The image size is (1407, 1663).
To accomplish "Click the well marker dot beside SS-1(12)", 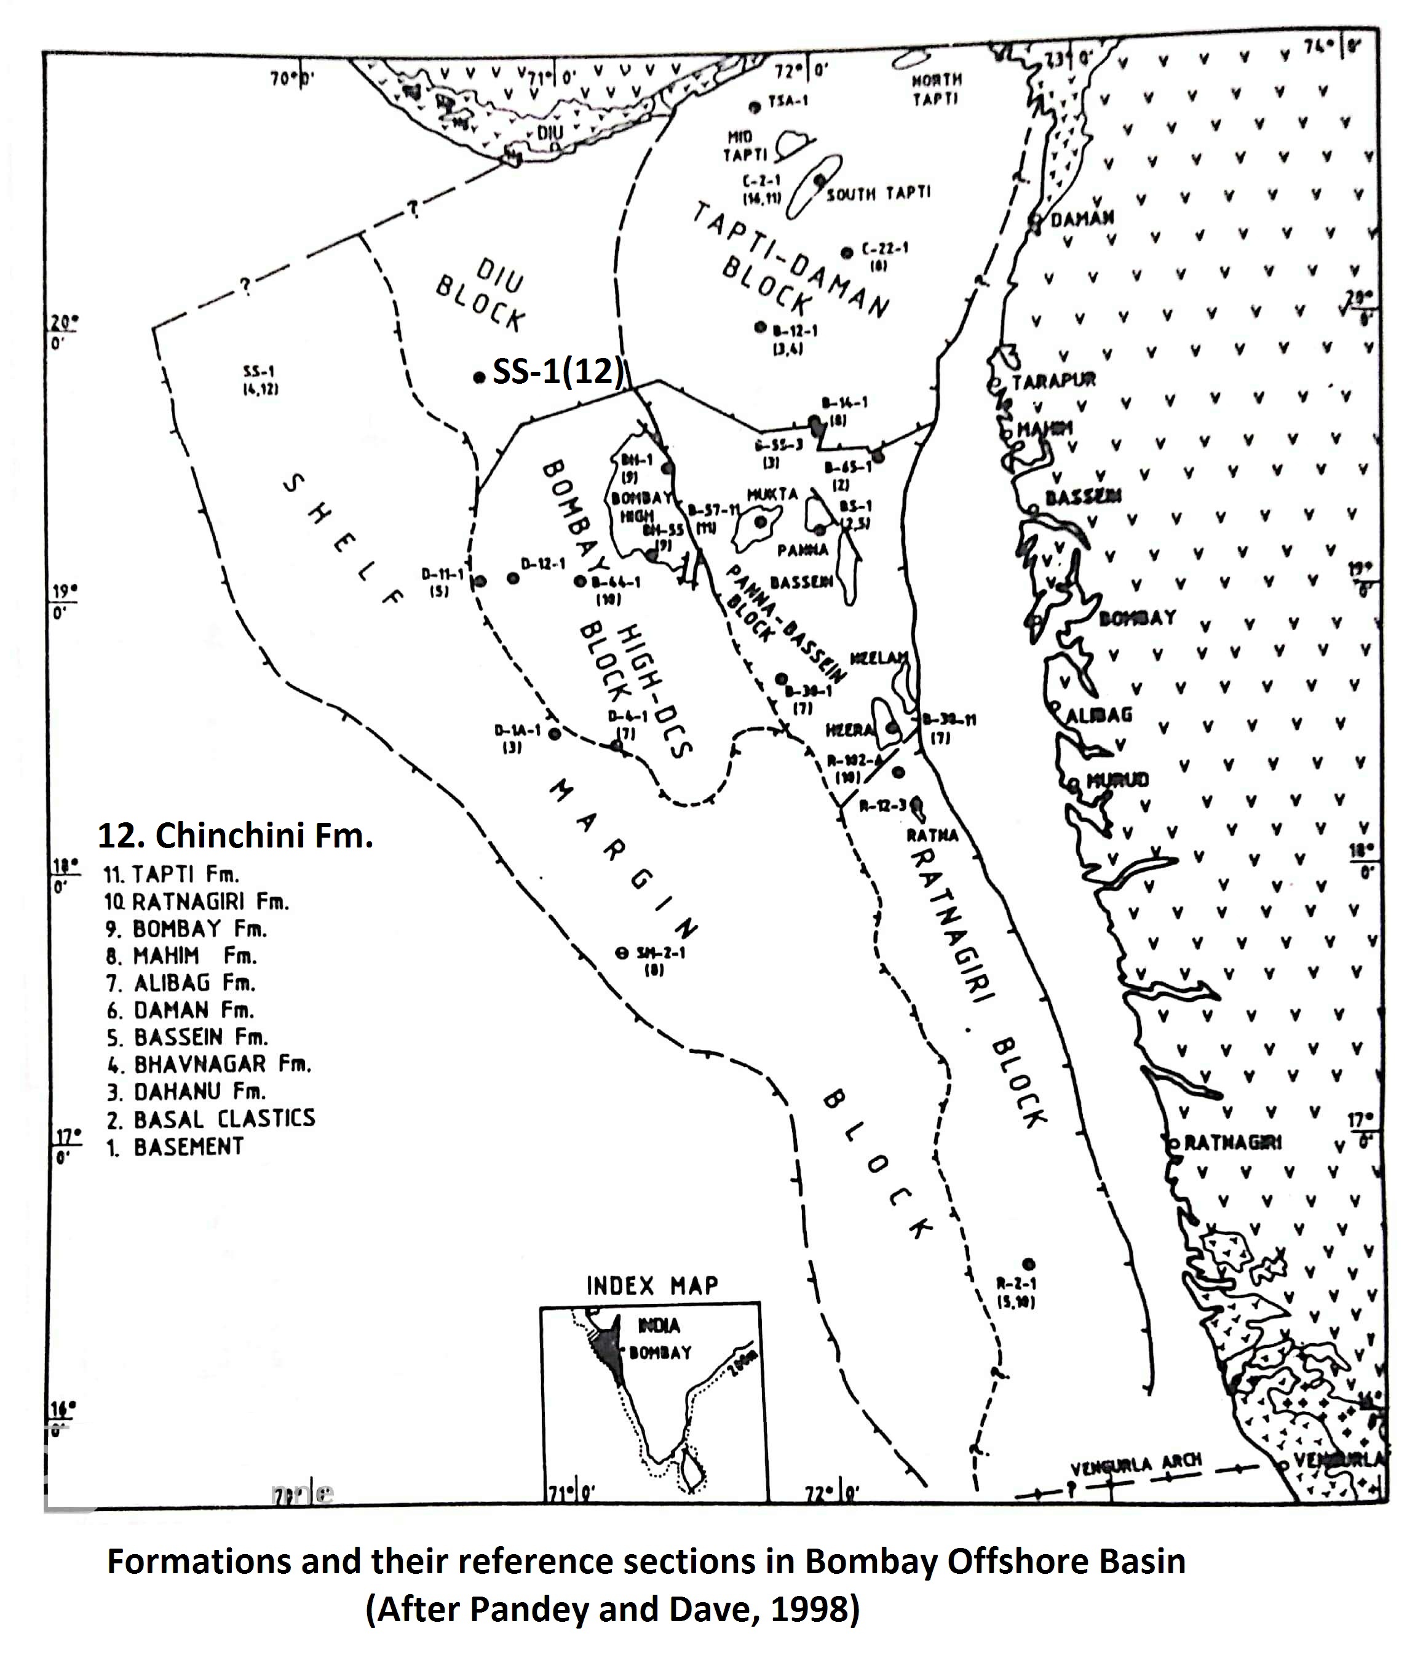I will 478,377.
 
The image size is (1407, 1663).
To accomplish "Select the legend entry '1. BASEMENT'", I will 175,1147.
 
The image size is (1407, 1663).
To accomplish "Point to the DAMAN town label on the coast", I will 1082,218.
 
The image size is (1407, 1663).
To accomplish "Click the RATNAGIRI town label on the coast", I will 1232,1143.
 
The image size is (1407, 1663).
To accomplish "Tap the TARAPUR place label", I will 1053,381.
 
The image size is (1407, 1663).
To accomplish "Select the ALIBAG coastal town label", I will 1098,715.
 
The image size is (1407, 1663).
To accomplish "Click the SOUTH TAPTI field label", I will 878,194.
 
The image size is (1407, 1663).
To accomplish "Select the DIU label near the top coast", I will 550,132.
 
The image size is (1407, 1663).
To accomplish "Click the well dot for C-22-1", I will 847,253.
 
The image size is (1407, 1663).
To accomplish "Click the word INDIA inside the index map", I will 659,1325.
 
